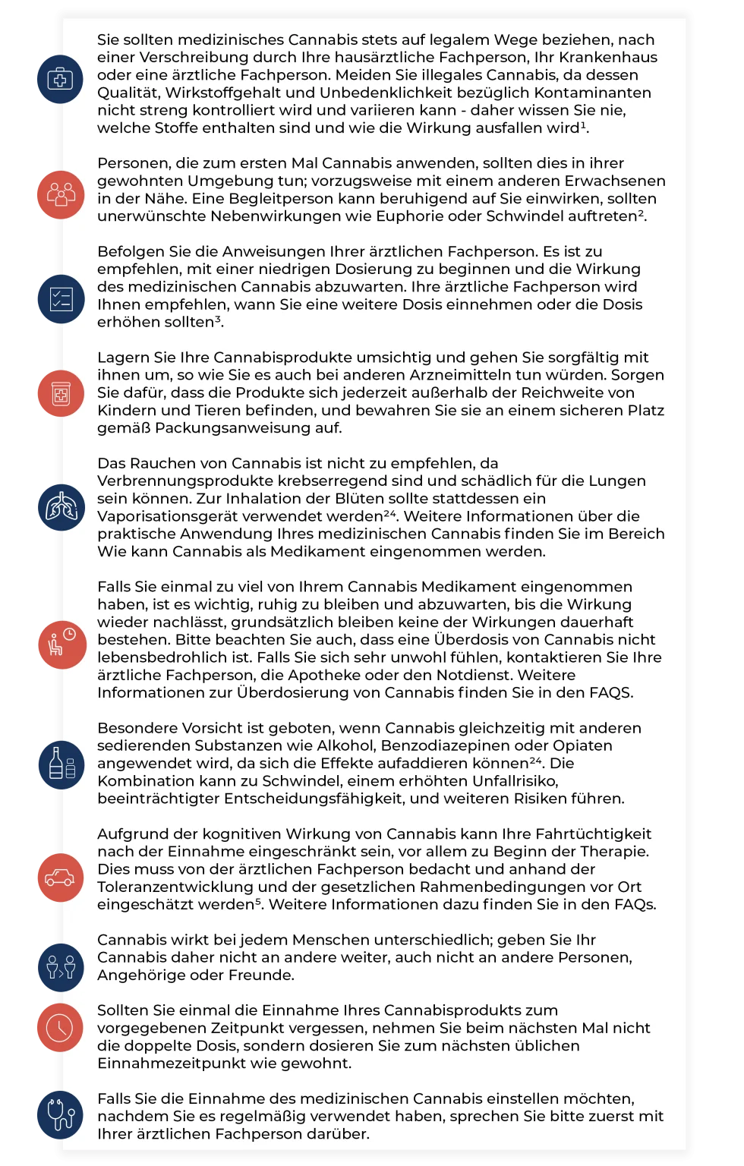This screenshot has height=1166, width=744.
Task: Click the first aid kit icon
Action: pos(60,78)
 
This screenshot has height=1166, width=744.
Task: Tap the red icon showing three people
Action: pos(61,194)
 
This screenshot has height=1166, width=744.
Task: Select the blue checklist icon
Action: pos(61,299)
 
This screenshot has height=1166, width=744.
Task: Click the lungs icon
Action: pos(61,506)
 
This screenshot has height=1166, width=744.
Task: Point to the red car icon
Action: pos(60,878)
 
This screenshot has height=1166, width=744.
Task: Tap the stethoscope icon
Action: pos(60,1114)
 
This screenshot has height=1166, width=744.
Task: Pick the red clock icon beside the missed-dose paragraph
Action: pos(60,1028)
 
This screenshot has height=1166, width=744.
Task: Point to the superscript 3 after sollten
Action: pos(219,320)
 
